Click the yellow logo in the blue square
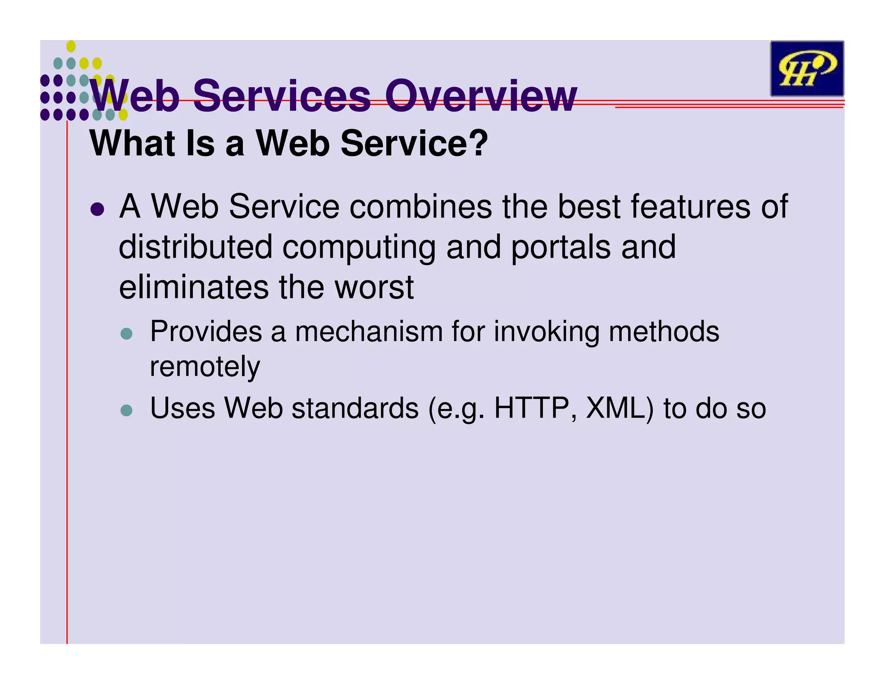[x=807, y=69]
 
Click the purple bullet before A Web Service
[x=97, y=209]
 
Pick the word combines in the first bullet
[x=420, y=207]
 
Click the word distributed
[x=195, y=247]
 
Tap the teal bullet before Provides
[x=126, y=334]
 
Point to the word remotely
[x=205, y=367]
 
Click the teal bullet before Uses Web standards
[x=126, y=410]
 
